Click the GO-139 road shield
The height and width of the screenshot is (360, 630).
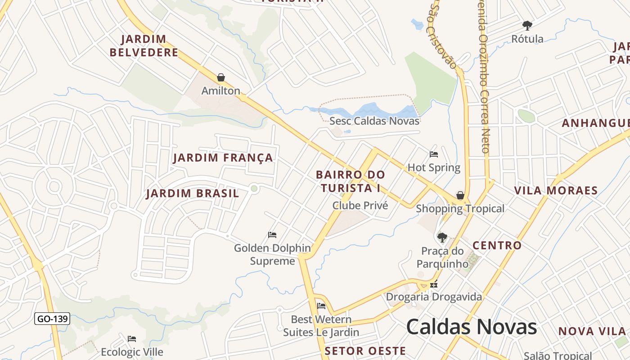[x=52, y=319]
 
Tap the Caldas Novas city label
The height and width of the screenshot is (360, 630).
[x=472, y=327]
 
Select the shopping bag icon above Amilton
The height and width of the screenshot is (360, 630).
[x=220, y=77]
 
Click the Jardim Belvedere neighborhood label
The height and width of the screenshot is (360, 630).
[x=144, y=46]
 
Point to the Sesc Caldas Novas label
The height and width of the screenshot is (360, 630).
[x=374, y=121]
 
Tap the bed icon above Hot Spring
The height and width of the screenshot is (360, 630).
[x=434, y=154]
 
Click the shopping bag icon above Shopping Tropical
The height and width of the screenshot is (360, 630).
[x=460, y=195]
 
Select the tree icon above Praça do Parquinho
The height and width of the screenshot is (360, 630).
[x=442, y=237]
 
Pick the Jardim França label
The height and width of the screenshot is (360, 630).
[x=223, y=158]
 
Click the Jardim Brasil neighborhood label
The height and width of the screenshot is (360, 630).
[x=193, y=194]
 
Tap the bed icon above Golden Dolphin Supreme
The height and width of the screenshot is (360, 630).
[x=272, y=234]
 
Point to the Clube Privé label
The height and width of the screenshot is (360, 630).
[x=360, y=206]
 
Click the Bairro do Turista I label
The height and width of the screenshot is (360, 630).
[x=351, y=181]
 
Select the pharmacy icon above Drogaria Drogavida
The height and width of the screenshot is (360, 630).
[x=434, y=284]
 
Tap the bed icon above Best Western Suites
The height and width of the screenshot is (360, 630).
[x=321, y=306]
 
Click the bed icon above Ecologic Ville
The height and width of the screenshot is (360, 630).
[x=131, y=338]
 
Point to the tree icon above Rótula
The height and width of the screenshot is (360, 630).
[x=527, y=25]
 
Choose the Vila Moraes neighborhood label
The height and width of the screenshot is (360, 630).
[x=556, y=190]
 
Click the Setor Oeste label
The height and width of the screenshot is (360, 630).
[x=365, y=351]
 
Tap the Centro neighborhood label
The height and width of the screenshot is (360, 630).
[x=497, y=246]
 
